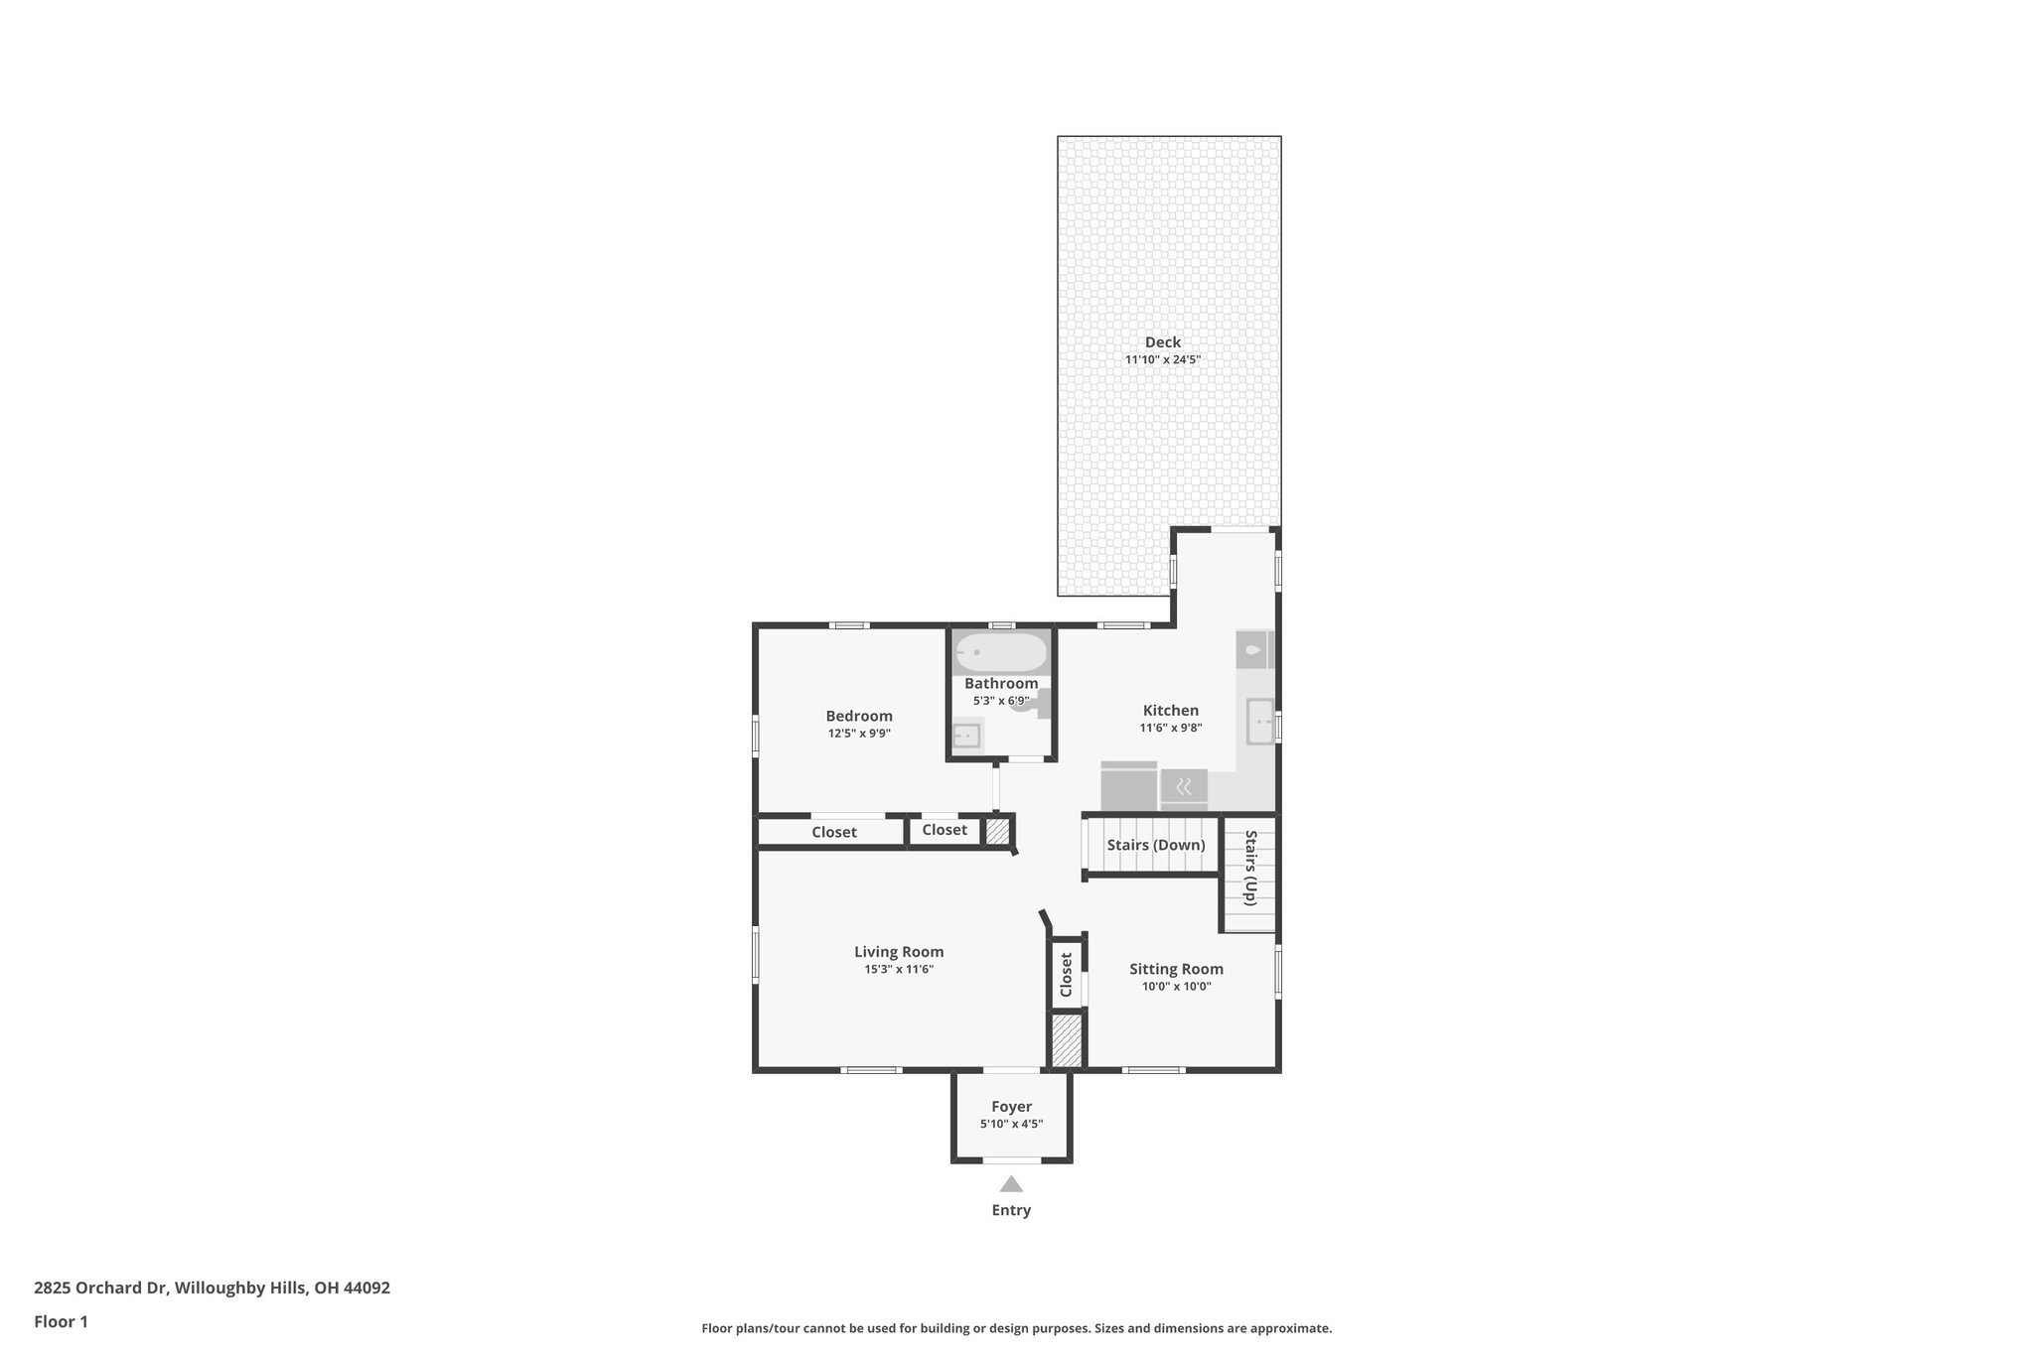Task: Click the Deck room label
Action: pyautogui.click(x=1162, y=342)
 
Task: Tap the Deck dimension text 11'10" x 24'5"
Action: pyautogui.click(x=1162, y=360)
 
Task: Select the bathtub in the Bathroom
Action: pyautogui.click(x=1001, y=653)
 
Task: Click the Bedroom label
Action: pyautogui.click(x=859, y=716)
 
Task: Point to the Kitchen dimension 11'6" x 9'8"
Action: pyautogui.click(x=1170, y=728)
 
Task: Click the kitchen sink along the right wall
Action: pyautogui.click(x=1260, y=721)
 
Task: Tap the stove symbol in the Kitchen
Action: pyautogui.click(x=1184, y=788)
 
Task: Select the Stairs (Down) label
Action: pyautogui.click(x=1155, y=845)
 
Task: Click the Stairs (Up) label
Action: pyautogui.click(x=1250, y=868)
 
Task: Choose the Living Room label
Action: pyautogui.click(x=899, y=952)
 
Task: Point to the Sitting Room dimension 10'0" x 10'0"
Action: pyautogui.click(x=1176, y=987)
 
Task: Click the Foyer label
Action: pyautogui.click(x=1011, y=1107)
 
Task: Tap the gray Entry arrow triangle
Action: pyautogui.click(x=1011, y=1184)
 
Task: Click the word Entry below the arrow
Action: pyautogui.click(x=1011, y=1210)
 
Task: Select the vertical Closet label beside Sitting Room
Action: pyautogui.click(x=1067, y=975)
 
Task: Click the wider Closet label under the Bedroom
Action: pyautogui.click(x=833, y=832)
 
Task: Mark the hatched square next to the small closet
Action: pyautogui.click(x=997, y=831)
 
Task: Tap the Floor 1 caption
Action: pyautogui.click(x=61, y=1321)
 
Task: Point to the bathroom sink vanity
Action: pyautogui.click(x=966, y=736)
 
